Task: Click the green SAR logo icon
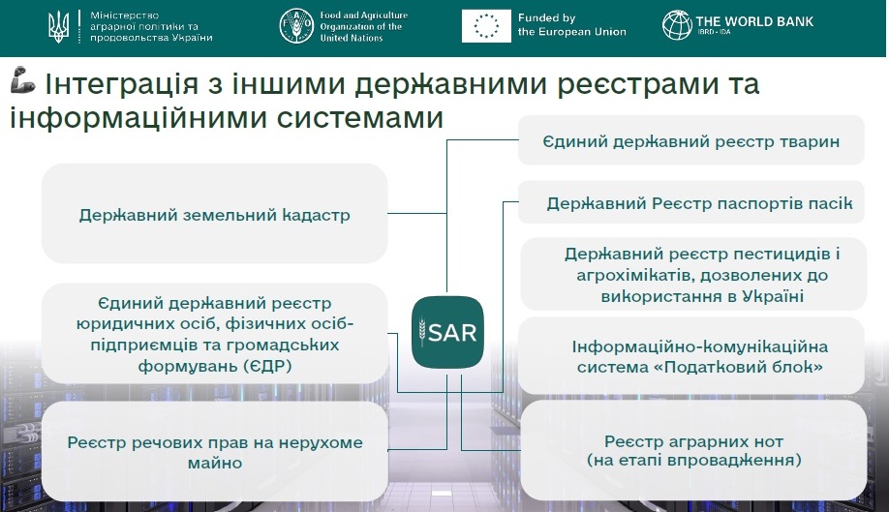click(447, 332)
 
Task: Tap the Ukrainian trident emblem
click(58, 27)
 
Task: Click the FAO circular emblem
click(296, 26)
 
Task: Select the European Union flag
click(486, 26)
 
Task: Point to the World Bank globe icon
click(677, 25)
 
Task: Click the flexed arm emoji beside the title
click(22, 79)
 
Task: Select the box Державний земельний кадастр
click(214, 214)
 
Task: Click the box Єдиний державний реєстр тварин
click(691, 140)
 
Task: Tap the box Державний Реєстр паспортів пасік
click(691, 202)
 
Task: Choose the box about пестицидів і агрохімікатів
click(693, 274)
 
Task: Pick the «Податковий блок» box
click(692, 356)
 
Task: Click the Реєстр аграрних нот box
click(693, 450)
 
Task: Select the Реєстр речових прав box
click(214, 452)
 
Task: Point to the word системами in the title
click(360, 118)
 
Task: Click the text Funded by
click(546, 18)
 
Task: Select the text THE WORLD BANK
click(754, 21)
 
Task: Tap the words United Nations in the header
click(352, 38)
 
